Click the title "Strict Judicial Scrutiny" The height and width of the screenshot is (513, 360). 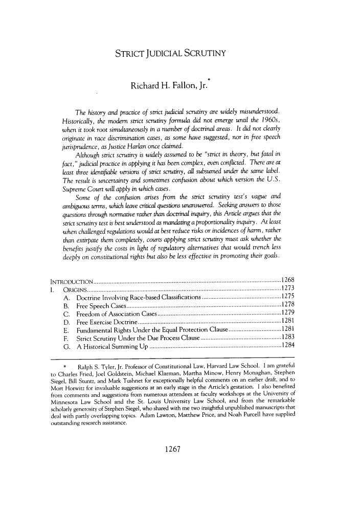[174, 53]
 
